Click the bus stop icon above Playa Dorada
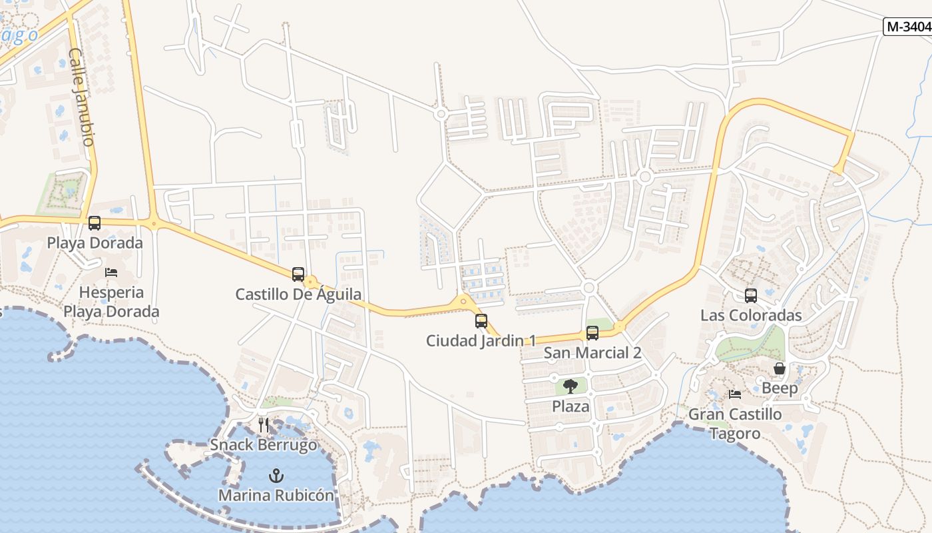coord(95,223)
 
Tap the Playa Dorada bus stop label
coord(95,243)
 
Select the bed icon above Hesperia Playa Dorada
coord(111,272)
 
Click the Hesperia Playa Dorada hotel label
coord(111,302)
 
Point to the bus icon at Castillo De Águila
coord(298,274)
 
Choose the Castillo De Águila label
coord(298,294)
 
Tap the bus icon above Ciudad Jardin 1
coord(481,321)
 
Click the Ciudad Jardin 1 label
coord(481,340)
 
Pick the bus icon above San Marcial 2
coord(592,333)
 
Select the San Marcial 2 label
coord(592,353)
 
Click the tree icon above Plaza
coord(571,386)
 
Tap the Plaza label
coord(571,406)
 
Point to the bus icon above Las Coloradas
coord(751,296)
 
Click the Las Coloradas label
coord(751,315)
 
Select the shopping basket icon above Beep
coord(780,368)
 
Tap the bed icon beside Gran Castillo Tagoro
coord(735,394)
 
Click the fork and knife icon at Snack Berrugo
coord(264,425)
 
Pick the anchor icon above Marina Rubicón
coord(276,476)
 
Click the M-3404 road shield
coord(907,27)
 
